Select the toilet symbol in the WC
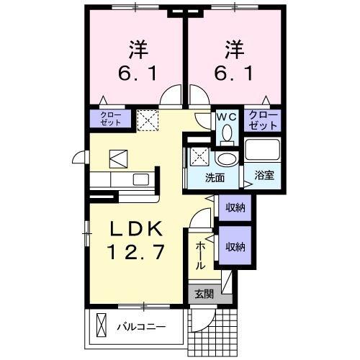coord(226,132)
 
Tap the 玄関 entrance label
coord(204,293)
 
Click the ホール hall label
coord(201,256)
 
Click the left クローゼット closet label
coord(110,119)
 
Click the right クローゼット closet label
coord(263,120)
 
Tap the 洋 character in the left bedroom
coord(139,50)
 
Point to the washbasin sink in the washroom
coord(227,159)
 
